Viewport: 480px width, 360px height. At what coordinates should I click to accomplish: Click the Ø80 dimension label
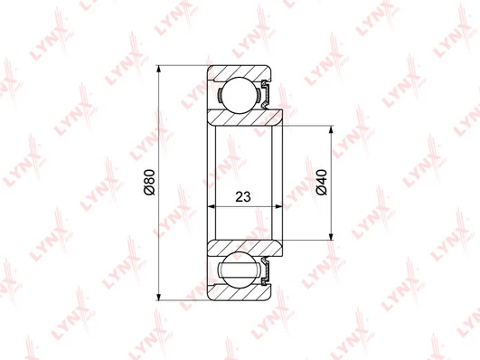150,182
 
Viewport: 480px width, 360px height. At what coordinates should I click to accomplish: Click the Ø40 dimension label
322,182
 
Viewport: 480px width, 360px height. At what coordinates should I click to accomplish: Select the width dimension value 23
243,196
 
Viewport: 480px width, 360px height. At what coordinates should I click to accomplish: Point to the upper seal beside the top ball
266,94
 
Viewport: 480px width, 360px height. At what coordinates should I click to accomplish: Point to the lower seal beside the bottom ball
266,271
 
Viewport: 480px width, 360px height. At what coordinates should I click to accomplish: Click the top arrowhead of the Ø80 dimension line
158,69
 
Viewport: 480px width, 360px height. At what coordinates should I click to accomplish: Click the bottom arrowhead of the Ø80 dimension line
158,297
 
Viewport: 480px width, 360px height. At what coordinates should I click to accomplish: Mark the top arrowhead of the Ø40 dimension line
331,129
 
